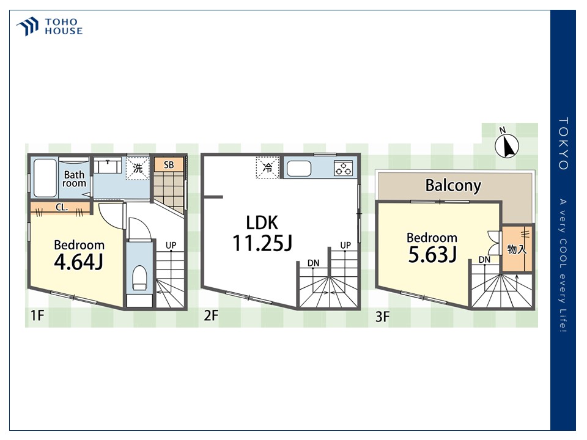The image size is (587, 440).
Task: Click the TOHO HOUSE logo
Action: click(50, 26)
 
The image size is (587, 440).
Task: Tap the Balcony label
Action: click(453, 186)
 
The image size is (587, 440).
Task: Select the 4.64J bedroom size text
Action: click(79, 262)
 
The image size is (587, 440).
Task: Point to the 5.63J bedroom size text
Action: click(432, 255)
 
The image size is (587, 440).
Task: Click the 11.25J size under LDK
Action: click(262, 243)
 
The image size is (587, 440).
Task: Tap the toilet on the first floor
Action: click(139, 278)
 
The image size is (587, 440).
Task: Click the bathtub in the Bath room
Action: click(45, 178)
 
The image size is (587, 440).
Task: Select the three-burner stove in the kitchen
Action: click(343, 168)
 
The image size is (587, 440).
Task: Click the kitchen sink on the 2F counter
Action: click(299, 169)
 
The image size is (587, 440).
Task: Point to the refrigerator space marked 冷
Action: click(268, 167)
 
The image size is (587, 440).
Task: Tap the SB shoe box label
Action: click(169, 164)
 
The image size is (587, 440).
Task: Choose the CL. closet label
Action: click(62, 207)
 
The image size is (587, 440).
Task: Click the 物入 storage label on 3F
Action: click(517, 249)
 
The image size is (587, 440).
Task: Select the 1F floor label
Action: click(37, 315)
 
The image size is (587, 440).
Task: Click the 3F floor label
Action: click(383, 317)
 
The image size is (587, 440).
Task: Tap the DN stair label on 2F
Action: click(313, 263)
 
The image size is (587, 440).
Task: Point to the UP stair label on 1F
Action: click(171, 246)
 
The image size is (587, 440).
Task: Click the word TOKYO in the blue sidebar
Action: click(563, 144)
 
